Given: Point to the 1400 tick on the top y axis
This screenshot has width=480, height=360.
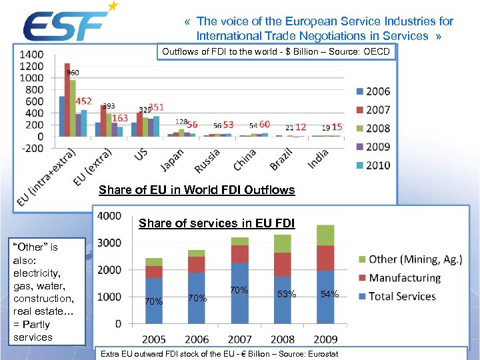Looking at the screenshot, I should click(31, 54).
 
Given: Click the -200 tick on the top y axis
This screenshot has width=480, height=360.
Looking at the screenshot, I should click(31, 149).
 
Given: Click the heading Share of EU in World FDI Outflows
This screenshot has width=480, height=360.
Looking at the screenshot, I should click(196, 190).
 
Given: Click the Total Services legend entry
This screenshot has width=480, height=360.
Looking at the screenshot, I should click(396, 296).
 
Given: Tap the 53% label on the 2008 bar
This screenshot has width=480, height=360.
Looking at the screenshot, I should click(287, 294).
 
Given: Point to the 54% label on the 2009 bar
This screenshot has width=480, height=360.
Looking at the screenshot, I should click(329, 294).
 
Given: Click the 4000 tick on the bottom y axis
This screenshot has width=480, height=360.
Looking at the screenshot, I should click(109, 216).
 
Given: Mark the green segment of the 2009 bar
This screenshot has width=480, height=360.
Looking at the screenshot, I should click(325, 235).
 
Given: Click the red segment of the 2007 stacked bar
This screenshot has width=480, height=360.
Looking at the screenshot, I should click(239, 254).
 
